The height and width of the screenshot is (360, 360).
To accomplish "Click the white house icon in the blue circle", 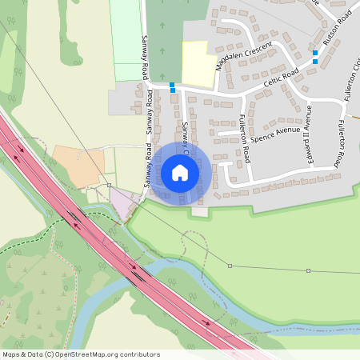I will [x=180, y=173].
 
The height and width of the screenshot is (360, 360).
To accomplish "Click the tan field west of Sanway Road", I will [x=78, y=166].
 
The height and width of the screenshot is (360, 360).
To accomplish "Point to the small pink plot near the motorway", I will [x=123, y=202].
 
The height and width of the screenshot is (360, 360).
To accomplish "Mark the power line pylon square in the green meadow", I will [x=230, y=266].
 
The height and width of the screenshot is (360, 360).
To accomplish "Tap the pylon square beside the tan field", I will [x=109, y=185].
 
